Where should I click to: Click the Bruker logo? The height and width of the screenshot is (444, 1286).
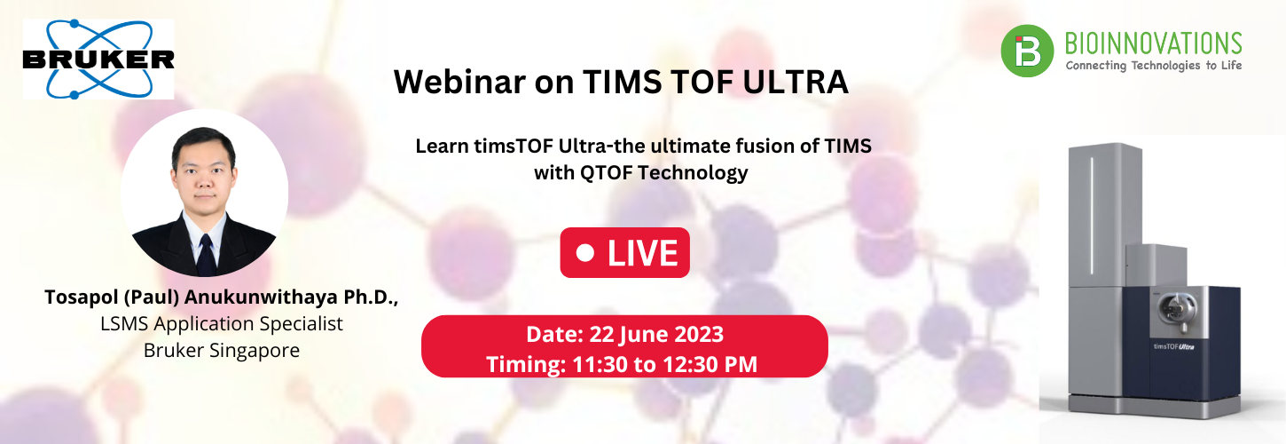coord(98,59)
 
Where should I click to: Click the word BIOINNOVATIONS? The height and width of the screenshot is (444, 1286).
coord(1153,43)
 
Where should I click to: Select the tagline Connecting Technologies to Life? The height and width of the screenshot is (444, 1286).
coord(1153,66)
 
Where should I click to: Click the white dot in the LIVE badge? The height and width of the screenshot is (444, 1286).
coord(584,253)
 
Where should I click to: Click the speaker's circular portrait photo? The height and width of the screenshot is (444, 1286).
coord(204,193)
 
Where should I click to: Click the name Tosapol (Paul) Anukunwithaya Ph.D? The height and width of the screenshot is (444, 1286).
coord(222,297)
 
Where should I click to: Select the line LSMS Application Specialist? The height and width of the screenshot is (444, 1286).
coord(222,323)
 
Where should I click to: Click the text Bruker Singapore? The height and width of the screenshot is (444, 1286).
coord(222,350)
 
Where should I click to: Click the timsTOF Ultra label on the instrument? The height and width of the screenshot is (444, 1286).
coord(1172,345)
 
